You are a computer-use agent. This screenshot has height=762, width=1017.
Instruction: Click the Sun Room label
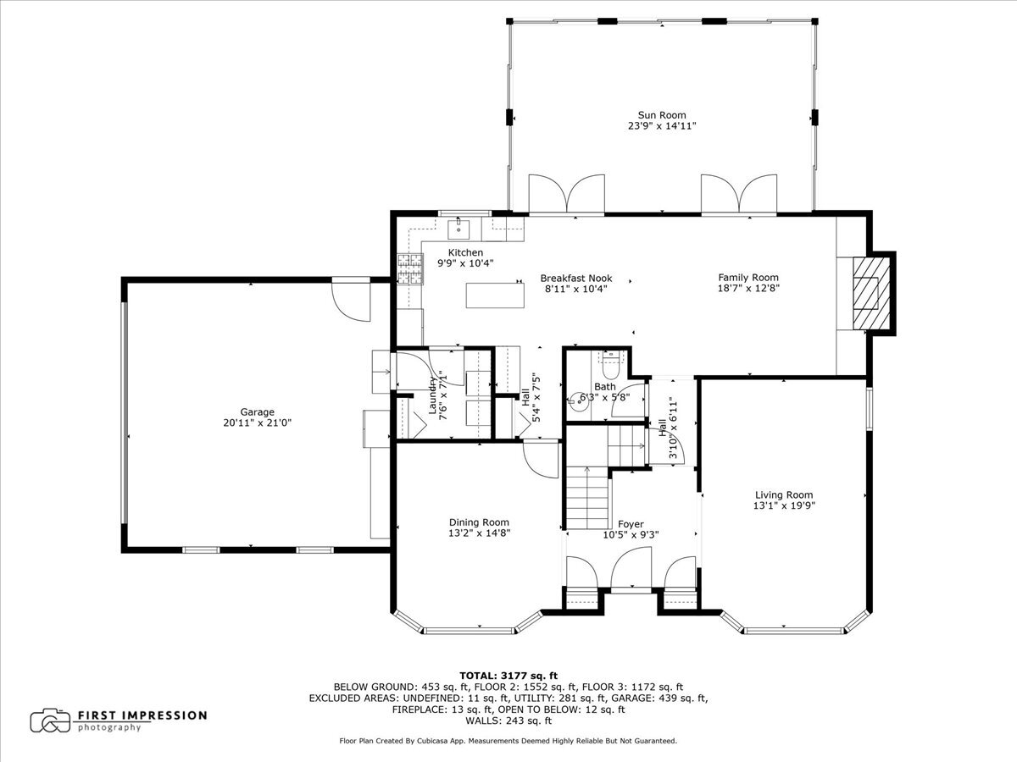tap(662, 115)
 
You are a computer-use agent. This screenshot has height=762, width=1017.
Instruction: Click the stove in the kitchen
tap(408, 269)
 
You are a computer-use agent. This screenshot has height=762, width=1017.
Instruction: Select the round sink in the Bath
tap(581, 401)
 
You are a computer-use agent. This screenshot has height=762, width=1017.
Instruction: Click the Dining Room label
tap(479, 522)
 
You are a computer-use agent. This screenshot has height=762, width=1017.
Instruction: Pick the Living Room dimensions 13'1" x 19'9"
tap(784, 505)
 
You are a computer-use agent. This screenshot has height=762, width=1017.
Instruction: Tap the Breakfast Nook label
tap(576, 279)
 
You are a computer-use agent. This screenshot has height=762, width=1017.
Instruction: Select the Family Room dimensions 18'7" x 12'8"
tap(748, 288)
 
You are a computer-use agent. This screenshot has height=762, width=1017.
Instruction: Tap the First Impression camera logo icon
tap(50, 721)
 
